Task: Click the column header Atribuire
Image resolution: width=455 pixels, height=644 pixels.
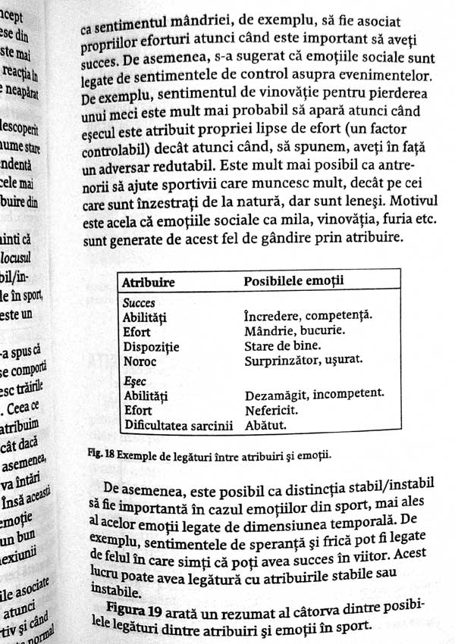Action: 149,282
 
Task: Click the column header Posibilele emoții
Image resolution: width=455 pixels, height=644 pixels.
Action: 293,281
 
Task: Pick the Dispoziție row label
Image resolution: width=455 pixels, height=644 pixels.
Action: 151,346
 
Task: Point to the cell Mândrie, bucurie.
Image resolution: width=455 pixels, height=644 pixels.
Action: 295,331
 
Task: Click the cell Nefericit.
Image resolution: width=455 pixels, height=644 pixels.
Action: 270,411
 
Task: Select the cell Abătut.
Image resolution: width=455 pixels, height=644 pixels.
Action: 265,425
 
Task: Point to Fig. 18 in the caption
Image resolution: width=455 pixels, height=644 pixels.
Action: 101,456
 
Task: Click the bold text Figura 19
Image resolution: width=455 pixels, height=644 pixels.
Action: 132,609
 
